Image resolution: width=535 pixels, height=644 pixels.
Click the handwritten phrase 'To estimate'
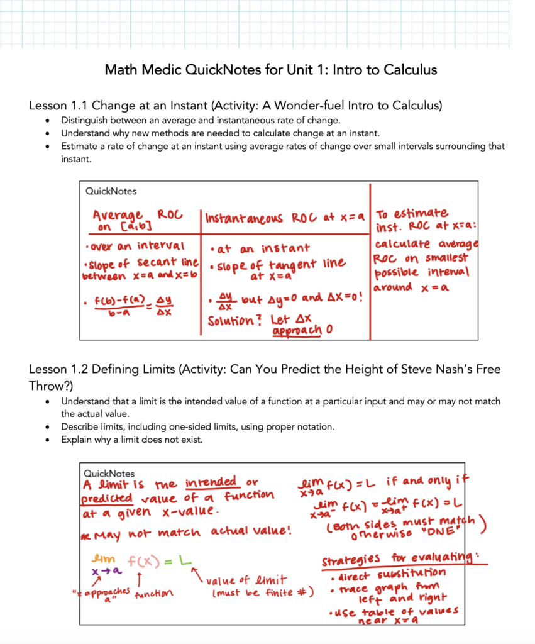click(x=412, y=213)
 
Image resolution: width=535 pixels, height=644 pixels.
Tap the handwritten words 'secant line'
click(x=168, y=261)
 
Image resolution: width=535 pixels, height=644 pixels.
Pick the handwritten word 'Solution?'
click(x=233, y=319)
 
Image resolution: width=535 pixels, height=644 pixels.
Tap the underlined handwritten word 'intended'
click(x=211, y=483)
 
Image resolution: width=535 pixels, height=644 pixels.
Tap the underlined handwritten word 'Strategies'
click(x=351, y=560)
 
